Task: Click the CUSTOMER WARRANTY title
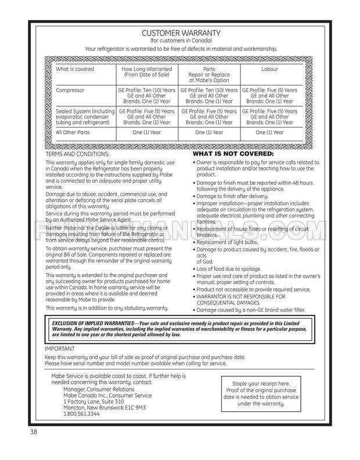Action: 181,33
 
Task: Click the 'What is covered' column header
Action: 74,70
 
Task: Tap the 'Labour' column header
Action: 269,70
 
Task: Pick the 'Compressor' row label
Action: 70,91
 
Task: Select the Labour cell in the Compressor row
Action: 269,95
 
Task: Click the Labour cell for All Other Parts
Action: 269,132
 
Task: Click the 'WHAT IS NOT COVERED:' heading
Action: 233,154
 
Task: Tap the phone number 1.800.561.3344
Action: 81,414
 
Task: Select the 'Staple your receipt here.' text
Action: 261,384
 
